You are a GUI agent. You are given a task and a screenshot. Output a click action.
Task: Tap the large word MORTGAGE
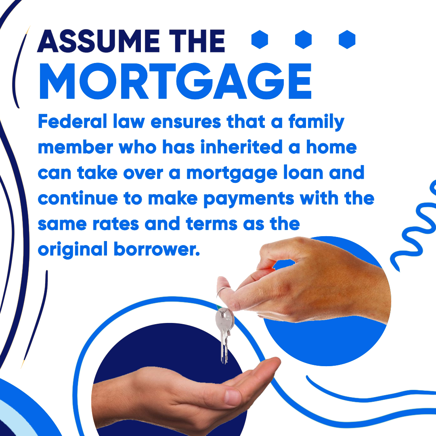(176, 81)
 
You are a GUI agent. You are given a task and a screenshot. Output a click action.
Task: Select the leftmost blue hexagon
(260, 40)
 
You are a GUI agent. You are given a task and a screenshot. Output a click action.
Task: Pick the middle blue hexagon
(303, 40)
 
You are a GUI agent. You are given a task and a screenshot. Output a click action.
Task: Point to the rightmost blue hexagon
(347, 40)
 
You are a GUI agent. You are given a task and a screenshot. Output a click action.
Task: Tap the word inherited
(241, 147)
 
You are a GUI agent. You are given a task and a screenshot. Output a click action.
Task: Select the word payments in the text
(249, 199)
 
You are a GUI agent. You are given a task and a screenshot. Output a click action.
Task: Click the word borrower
(157, 249)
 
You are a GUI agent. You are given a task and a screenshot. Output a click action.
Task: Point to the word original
(73, 249)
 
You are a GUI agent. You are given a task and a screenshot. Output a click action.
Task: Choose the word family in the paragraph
(317, 122)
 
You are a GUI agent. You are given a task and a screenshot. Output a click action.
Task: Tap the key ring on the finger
(222, 292)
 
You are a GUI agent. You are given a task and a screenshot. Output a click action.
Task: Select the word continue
(78, 199)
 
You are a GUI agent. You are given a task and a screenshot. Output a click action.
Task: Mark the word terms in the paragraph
(212, 224)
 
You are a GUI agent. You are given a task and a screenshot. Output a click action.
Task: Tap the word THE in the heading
(197, 41)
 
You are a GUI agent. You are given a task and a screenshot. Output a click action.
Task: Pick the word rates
(116, 224)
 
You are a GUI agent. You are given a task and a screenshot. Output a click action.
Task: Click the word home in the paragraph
(331, 147)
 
